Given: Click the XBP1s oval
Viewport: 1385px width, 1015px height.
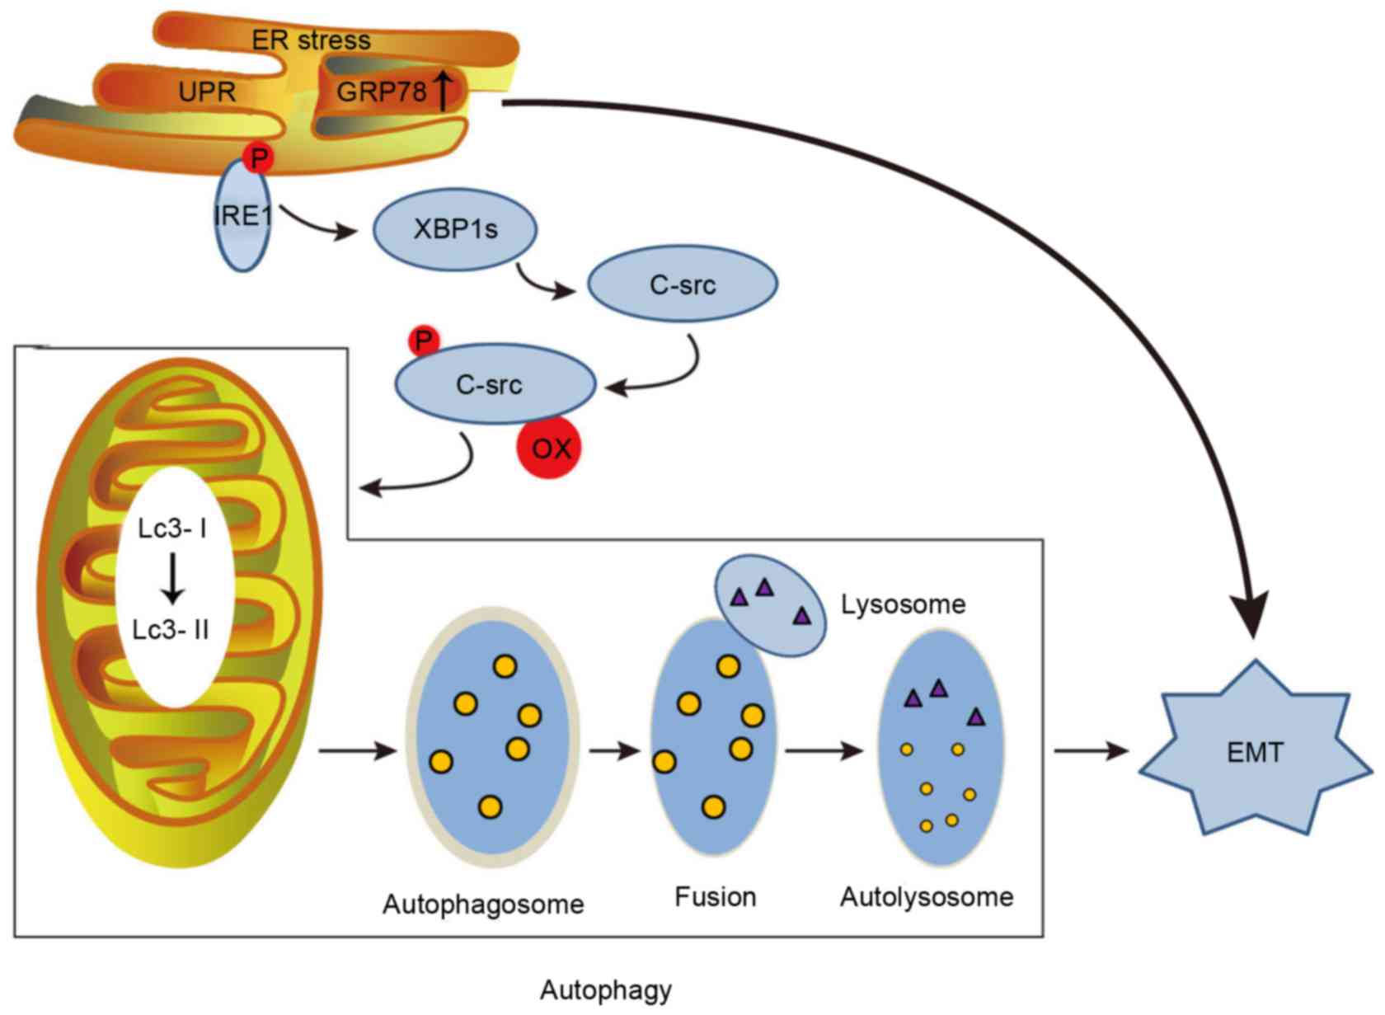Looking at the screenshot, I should (455, 228).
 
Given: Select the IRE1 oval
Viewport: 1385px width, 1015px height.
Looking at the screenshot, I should (242, 216).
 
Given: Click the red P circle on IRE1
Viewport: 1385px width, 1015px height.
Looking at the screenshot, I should (259, 157).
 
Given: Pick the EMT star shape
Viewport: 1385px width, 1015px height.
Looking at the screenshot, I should (1255, 751).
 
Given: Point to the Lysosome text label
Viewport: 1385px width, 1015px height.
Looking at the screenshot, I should (903, 604).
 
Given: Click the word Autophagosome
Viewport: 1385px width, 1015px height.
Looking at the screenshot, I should (483, 905).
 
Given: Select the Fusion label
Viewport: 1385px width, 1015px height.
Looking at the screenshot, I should (715, 896).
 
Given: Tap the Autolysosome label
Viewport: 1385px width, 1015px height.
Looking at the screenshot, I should (927, 896).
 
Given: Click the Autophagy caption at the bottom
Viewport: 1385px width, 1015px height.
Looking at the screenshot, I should (606, 989).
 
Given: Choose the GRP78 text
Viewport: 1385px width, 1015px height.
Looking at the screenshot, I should (381, 91).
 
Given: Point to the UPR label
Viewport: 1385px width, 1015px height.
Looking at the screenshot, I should (207, 92).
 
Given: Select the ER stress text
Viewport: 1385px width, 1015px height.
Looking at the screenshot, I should (311, 40).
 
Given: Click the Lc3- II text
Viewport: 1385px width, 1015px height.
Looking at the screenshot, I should (171, 630).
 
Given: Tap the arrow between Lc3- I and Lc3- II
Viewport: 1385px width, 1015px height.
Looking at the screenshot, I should (172, 578).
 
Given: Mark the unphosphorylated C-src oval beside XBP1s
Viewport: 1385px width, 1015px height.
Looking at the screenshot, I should (682, 284).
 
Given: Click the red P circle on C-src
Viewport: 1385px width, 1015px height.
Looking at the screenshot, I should (425, 341).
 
